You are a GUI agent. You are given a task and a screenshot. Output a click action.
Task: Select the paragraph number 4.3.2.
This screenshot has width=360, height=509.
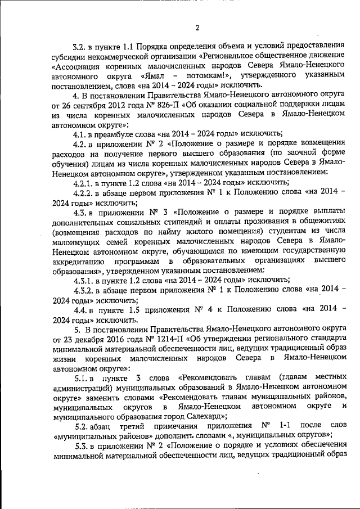(x=83, y=291)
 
